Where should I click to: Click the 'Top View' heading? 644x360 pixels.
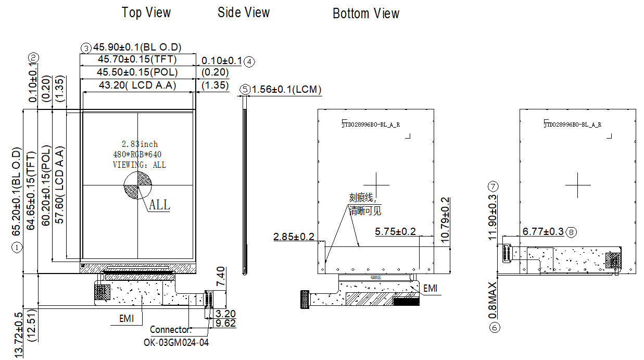(x=146, y=13)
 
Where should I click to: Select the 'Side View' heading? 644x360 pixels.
(x=244, y=13)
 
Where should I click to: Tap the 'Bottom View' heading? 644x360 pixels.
(x=366, y=14)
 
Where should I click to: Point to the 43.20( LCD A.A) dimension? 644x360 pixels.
(x=137, y=85)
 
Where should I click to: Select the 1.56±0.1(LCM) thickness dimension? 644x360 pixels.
(x=286, y=90)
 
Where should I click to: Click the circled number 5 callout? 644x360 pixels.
(x=245, y=90)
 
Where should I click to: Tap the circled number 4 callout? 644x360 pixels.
(x=249, y=61)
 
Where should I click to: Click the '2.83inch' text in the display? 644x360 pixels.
(x=140, y=144)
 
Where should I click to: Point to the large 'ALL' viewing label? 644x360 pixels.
(x=159, y=205)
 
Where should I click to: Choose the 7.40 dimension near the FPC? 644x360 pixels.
(x=220, y=277)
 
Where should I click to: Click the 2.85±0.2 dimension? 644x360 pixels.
(x=294, y=237)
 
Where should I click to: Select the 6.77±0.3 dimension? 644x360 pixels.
(x=543, y=231)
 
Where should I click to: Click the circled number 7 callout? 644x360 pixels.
(x=494, y=186)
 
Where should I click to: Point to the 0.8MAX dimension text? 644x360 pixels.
(x=493, y=301)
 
